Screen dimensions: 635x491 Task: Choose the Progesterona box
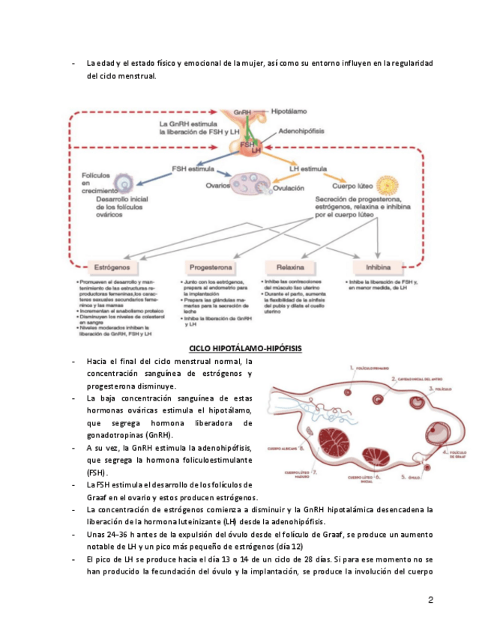click(211, 267)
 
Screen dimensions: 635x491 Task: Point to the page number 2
click(430, 600)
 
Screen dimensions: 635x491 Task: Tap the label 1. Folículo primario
click(373, 368)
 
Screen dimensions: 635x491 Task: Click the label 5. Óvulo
click(409, 476)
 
